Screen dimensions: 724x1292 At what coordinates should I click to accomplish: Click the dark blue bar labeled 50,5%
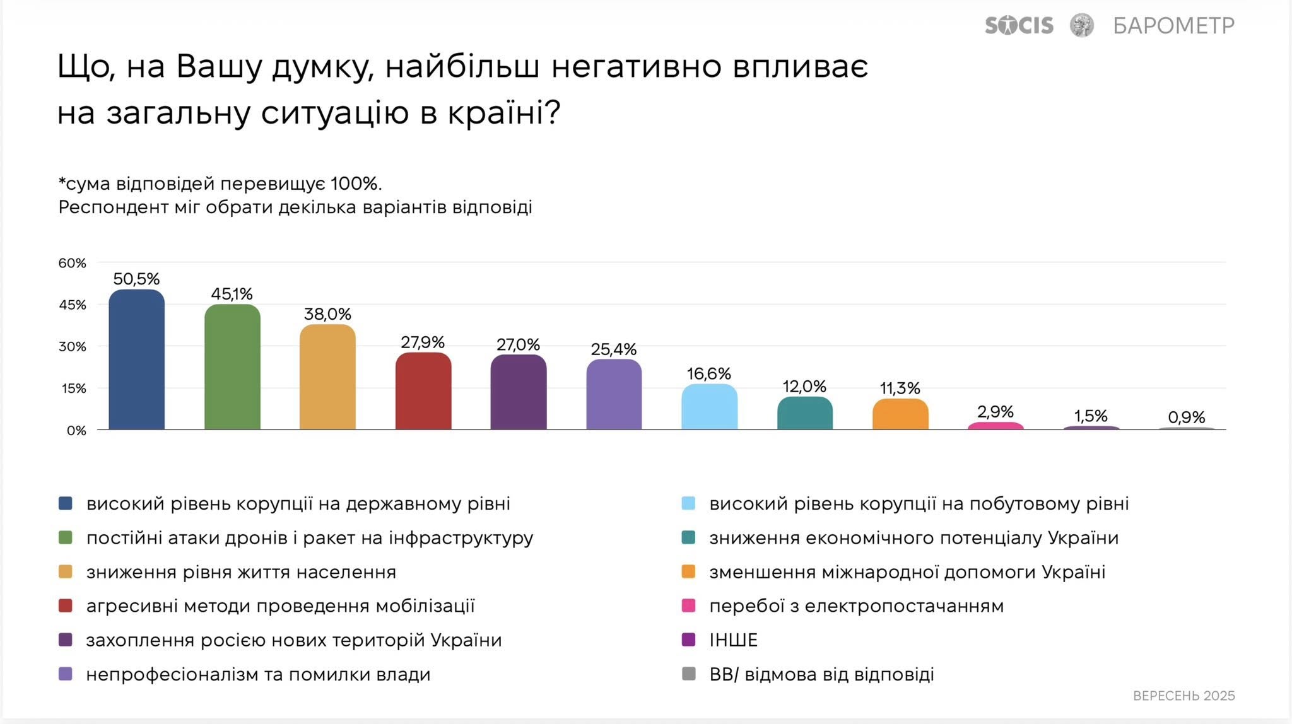136,359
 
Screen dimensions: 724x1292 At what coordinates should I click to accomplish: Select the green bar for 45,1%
232,367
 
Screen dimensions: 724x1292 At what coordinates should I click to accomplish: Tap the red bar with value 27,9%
423,391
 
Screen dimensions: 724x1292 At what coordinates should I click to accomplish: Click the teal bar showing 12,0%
805,413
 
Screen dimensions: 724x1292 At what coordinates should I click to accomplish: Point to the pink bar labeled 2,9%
995,426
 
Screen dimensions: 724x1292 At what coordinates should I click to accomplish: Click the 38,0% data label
327,314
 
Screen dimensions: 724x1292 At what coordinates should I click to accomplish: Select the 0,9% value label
1186,417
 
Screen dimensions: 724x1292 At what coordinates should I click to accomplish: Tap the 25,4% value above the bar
613,349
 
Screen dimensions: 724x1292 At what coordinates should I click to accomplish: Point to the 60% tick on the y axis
72,263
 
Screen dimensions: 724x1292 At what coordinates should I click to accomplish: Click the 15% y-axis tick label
73,388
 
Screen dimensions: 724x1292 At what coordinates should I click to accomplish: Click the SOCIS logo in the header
1019,26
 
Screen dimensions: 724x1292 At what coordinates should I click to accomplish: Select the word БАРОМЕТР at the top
1173,26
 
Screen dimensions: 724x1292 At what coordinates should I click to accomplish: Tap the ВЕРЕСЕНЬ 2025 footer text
1183,696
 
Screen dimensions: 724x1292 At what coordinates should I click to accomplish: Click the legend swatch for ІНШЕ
688,640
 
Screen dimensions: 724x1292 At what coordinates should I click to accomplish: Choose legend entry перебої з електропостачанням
856,606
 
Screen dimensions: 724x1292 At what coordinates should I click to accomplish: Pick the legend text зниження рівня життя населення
241,572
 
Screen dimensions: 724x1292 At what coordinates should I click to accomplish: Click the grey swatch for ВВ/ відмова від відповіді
688,674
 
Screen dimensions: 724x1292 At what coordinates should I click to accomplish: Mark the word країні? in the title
504,114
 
